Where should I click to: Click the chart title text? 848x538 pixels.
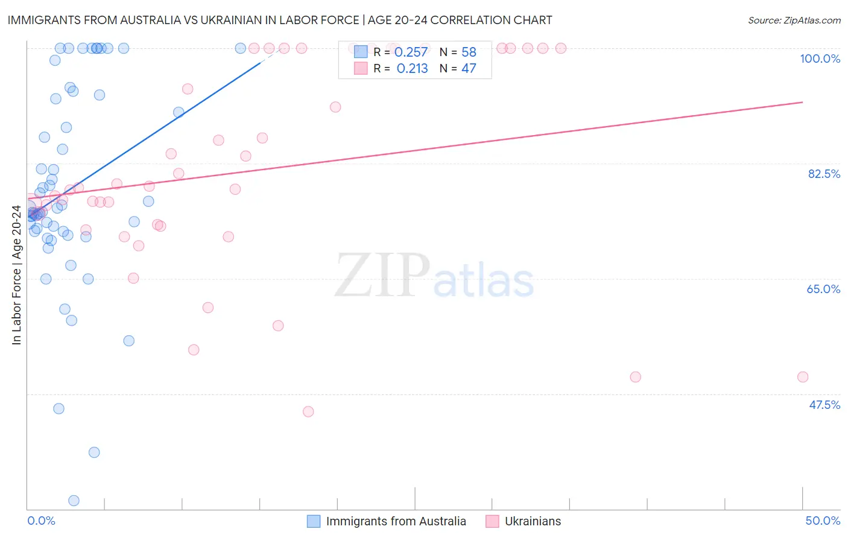(280, 20)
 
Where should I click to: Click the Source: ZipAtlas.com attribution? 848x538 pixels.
(794, 20)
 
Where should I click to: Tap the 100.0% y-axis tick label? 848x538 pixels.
(820, 59)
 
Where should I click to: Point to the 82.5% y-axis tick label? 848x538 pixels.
(824, 174)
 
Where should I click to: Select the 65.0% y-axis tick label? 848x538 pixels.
(823, 289)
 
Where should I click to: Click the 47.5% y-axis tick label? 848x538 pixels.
(824, 405)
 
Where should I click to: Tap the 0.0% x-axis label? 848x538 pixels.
(41, 521)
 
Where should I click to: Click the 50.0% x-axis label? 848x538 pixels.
(823, 521)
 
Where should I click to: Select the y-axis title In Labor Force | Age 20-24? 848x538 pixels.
(16, 275)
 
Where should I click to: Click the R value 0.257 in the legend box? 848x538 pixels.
(411, 52)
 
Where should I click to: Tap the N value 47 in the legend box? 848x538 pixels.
(469, 69)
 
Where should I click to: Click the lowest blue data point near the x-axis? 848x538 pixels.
(74, 501)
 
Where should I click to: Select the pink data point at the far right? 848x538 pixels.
(803, 377)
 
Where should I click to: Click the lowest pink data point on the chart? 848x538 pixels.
(308, 412)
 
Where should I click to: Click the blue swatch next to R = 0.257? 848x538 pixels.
(361, 52)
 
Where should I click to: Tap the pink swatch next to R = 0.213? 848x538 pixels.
(361, 68)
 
